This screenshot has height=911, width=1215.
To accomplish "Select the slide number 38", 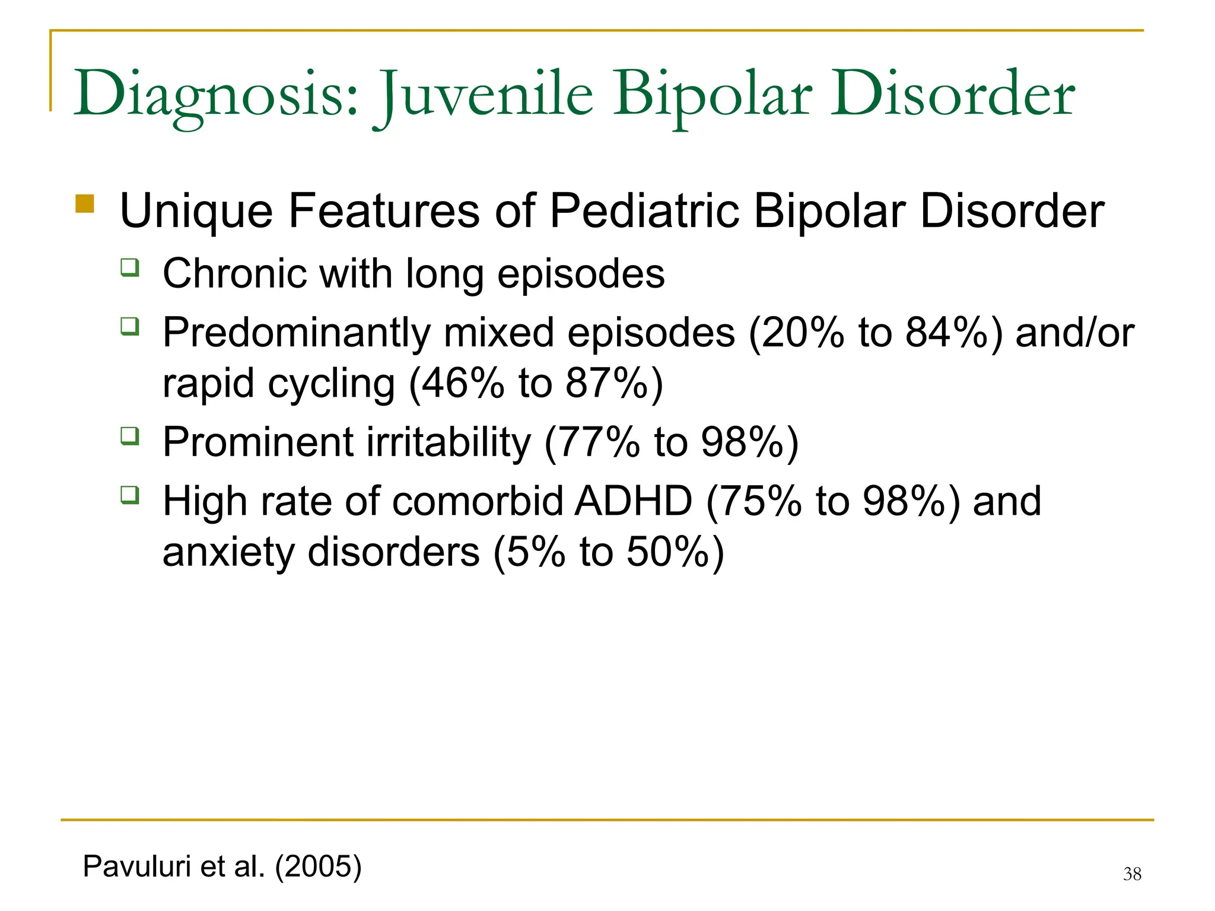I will click(1132, 874).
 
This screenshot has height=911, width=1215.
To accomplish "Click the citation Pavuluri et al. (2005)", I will click(222, 867).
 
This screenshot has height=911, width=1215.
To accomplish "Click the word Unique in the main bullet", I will click(196, 211).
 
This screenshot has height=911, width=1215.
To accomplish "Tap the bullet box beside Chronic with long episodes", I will click(129, 267).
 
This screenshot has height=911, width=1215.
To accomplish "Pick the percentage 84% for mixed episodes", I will click(946, 333).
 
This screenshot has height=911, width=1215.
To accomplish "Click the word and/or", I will click(1074, 333).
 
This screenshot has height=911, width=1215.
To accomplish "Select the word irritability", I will click(449, 442).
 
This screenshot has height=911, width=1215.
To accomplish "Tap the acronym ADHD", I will click(634, 501).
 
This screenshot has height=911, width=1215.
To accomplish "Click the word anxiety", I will click(228, 552).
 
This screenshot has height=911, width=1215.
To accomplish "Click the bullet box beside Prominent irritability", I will click(129, 436).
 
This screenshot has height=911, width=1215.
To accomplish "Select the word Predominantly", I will click(297, 333).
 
